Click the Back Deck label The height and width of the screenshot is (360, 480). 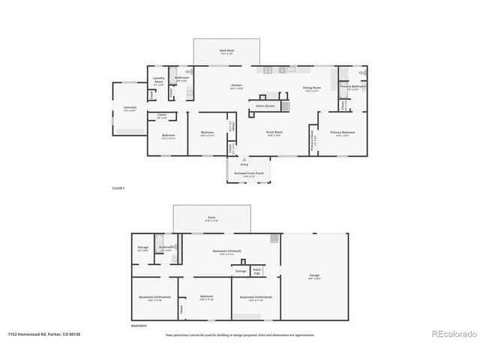click(x=226, y=52)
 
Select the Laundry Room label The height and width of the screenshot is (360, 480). click(x=158, y=80)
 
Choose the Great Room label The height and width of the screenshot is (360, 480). click(x=274, y=133)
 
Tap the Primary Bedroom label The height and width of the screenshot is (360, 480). click(x=345, y=133)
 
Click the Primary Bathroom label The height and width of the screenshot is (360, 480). click(x=352, y=86)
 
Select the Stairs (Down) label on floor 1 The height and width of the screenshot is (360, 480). click(x=265, y=106)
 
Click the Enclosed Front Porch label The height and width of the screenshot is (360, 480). click(x=249, y=174)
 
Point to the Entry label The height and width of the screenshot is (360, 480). click(x=244, y=163)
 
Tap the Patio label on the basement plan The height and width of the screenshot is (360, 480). click(x=212, y=219)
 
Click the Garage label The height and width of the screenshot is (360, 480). click(x=314, y=276)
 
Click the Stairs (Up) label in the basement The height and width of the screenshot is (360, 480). click(x=256, y=271)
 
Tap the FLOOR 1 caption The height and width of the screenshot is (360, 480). click(x=118, y=187)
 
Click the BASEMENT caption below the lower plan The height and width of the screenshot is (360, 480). click(x=139, y=326)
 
